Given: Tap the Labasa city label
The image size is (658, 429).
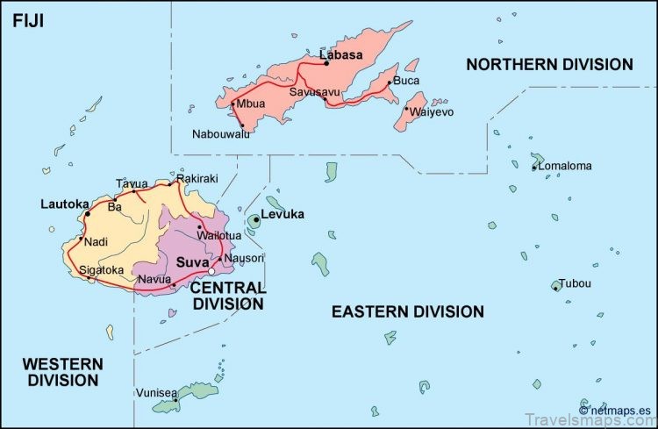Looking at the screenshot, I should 341,54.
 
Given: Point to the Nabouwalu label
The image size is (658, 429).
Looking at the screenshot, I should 221,134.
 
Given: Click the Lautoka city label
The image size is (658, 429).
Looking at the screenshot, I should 64,204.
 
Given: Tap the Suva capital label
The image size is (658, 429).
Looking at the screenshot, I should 192,262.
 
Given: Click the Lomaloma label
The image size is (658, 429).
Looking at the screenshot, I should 565,165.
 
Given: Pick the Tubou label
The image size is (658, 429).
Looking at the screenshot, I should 576,283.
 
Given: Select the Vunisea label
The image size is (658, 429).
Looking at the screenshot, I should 156,392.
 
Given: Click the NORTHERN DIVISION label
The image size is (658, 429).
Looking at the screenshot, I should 549,64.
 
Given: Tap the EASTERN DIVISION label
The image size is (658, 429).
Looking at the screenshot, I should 407,311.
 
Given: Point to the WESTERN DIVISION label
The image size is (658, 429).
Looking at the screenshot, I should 62,371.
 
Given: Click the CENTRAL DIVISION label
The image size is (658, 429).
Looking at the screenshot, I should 227,296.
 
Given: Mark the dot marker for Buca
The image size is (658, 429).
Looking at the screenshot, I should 389,82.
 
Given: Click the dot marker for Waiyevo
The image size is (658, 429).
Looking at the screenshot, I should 406,109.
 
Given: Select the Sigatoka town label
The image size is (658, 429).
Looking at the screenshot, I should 102,269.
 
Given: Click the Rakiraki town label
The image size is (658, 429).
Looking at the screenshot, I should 197,178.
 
